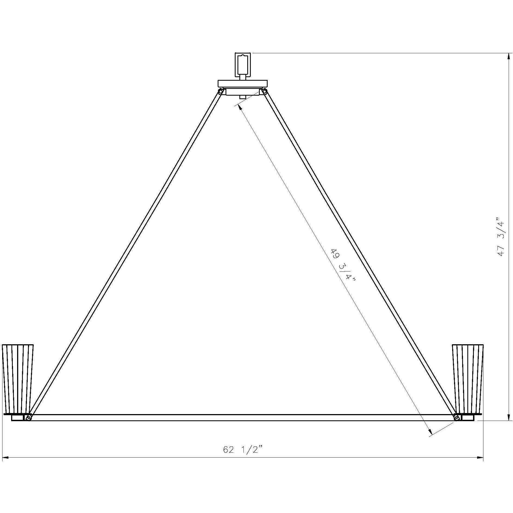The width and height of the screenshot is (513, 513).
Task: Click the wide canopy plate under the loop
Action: coord(243,83)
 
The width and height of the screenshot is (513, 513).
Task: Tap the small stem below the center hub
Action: coord(243,97)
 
